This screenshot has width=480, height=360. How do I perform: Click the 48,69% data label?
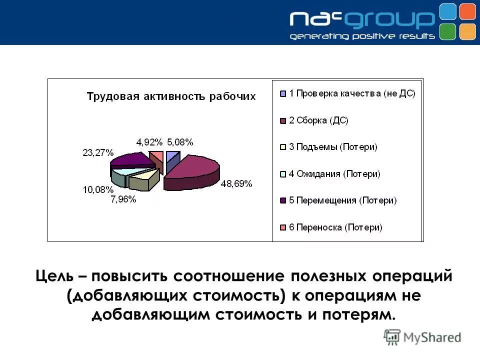(236, 183)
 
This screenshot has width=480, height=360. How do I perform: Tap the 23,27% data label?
(98, 152)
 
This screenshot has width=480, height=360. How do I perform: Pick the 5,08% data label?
(180, 142)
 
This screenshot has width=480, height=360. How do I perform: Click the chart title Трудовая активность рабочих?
(171, 96)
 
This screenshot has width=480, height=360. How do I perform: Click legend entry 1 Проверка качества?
(352, 93)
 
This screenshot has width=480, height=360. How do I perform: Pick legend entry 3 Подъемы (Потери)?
(333, 147)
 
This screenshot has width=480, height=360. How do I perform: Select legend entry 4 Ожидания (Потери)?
(334, 173)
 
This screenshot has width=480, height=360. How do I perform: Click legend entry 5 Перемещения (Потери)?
(342, 200)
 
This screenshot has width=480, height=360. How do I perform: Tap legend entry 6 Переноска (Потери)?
(335, 227)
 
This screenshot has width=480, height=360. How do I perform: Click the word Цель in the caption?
(53, 275)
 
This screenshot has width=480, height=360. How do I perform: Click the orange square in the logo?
(467, 11)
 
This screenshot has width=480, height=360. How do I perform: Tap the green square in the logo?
(448, 31)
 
